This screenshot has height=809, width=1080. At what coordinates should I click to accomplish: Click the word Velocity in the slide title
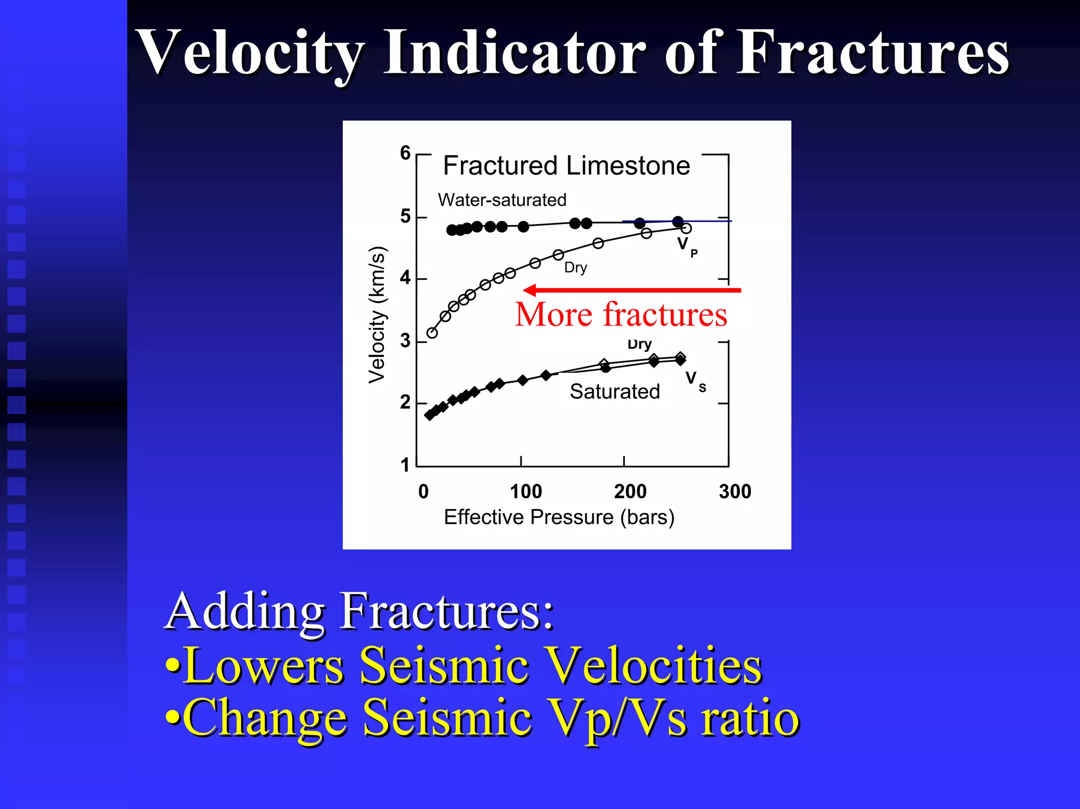tap(250, 53)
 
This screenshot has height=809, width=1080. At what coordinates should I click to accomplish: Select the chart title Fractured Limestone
tap(566, 166)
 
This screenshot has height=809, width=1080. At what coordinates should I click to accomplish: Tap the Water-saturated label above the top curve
tap(502, 200)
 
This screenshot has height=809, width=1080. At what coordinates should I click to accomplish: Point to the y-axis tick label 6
tap(405, 153)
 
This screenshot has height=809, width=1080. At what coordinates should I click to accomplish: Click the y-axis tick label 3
tap(405, 341)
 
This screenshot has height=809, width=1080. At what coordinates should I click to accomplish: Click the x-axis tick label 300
tap(735, 492)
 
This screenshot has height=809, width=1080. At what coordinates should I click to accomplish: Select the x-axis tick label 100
tap(526, 492)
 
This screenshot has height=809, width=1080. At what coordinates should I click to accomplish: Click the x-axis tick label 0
tap(423, 492)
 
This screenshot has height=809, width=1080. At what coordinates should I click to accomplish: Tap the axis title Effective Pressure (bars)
tap(559, 517)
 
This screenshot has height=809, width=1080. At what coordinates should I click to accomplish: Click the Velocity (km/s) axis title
tap(377, 315)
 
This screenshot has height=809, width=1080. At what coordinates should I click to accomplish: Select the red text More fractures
tap(621, 315)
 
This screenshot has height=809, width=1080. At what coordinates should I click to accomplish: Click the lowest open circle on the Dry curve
tap(432, 333)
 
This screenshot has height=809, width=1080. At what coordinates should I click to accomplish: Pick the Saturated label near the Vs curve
tap(614, 391)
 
